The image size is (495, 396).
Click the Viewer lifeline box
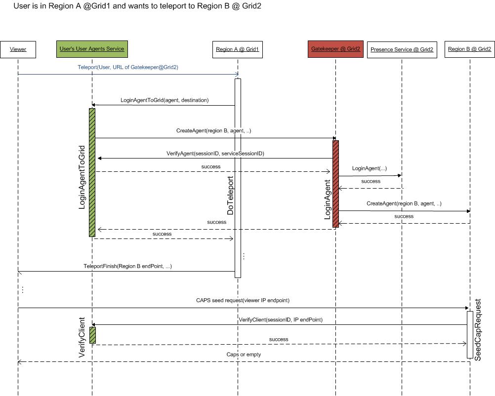(18, 49)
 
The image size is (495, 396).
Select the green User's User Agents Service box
(92, 49)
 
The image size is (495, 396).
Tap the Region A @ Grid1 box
(237, 49)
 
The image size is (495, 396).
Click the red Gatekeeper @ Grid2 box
(335, 49)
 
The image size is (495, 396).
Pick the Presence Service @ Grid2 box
(402, 49)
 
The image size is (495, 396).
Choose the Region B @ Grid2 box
(469, 49)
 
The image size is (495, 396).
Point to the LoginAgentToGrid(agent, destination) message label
(165, 100)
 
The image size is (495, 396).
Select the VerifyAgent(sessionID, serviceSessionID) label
(215, 154)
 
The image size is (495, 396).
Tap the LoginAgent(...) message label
(369, 168)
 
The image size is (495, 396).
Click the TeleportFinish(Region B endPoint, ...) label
(127, 266)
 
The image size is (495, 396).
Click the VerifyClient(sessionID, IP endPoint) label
(281, 320)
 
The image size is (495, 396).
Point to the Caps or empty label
(244, 355)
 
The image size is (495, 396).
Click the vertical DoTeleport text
(230, 196)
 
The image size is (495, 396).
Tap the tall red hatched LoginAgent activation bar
(335, 184)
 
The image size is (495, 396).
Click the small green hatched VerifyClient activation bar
(92, 335)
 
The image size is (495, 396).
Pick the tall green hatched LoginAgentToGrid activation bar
(92, 172)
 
